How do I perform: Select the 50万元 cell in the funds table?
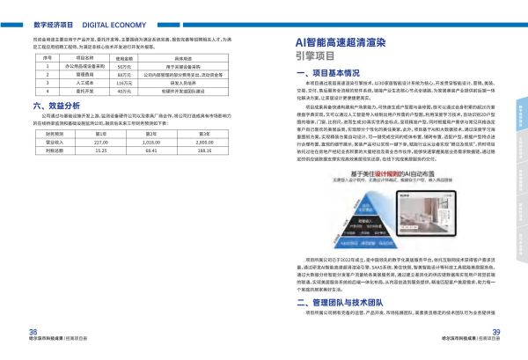[124, 67]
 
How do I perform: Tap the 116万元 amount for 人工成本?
[124, 82]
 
